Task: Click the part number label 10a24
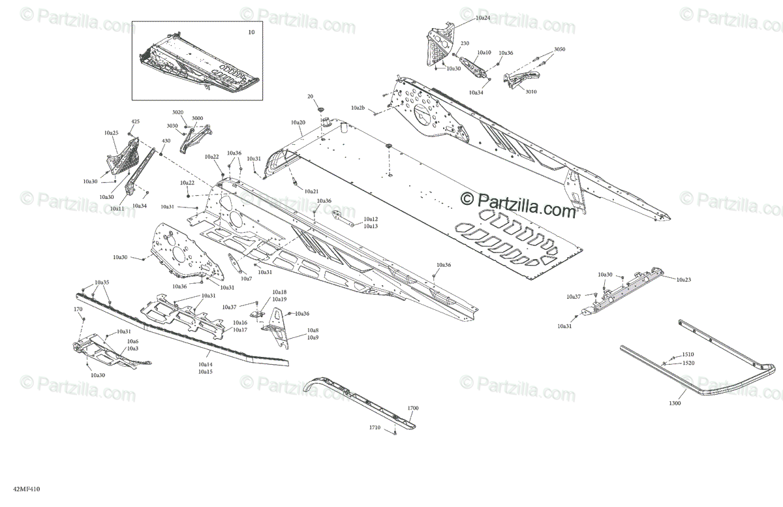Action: pos(483,18)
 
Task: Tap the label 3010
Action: pos(531,92)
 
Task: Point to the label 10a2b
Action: pos(358,107)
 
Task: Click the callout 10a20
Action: pos(298,123)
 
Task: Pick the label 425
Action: pos(135,122)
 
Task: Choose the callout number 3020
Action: pos(177,112)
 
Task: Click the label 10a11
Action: pos(117,209)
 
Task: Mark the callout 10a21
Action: pos(311,191)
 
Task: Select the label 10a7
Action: pos(246,279)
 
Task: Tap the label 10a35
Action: pos(102,283)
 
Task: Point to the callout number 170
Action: pos(78,309)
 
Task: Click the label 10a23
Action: pos(683,279)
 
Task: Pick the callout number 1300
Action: pos(675,404)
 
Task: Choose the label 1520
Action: pos(688,363)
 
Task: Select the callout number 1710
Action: pos(375,427)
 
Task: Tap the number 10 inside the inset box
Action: pos(252,32)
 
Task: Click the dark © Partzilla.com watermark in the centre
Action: pos(519,202)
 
